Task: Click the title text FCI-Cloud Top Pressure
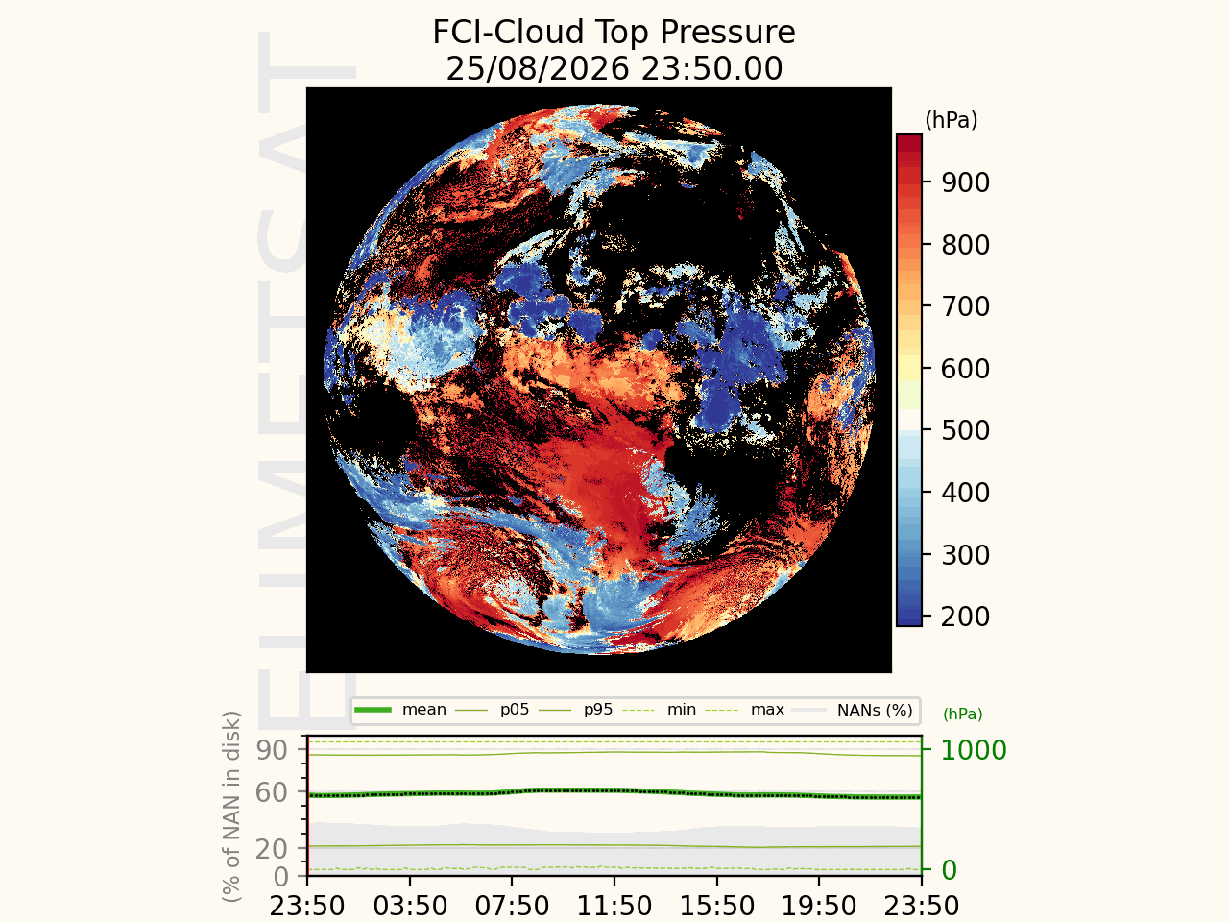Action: point(614,32)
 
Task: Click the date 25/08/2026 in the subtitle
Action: point(538,68)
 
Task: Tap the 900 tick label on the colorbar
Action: point(965,182)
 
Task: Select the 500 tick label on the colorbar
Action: point(965,430)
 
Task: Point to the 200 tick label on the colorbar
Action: point(965,617)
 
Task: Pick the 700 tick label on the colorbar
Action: point(965,306)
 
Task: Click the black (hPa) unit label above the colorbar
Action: point(952,120)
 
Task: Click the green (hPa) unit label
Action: point(962,714)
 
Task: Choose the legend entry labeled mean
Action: point(400,710)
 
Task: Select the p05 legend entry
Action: point(493,710)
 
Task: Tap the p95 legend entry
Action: point(575,710)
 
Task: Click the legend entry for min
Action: point(659,710)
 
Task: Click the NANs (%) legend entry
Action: point(854,710)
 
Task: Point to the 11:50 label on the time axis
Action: point(614,906)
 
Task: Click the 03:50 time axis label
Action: point(410,906)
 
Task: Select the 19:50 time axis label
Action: point(819,906)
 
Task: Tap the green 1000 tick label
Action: point(974,750)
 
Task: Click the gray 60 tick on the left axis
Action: point(272,792)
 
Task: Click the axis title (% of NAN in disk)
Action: point(231,806)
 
